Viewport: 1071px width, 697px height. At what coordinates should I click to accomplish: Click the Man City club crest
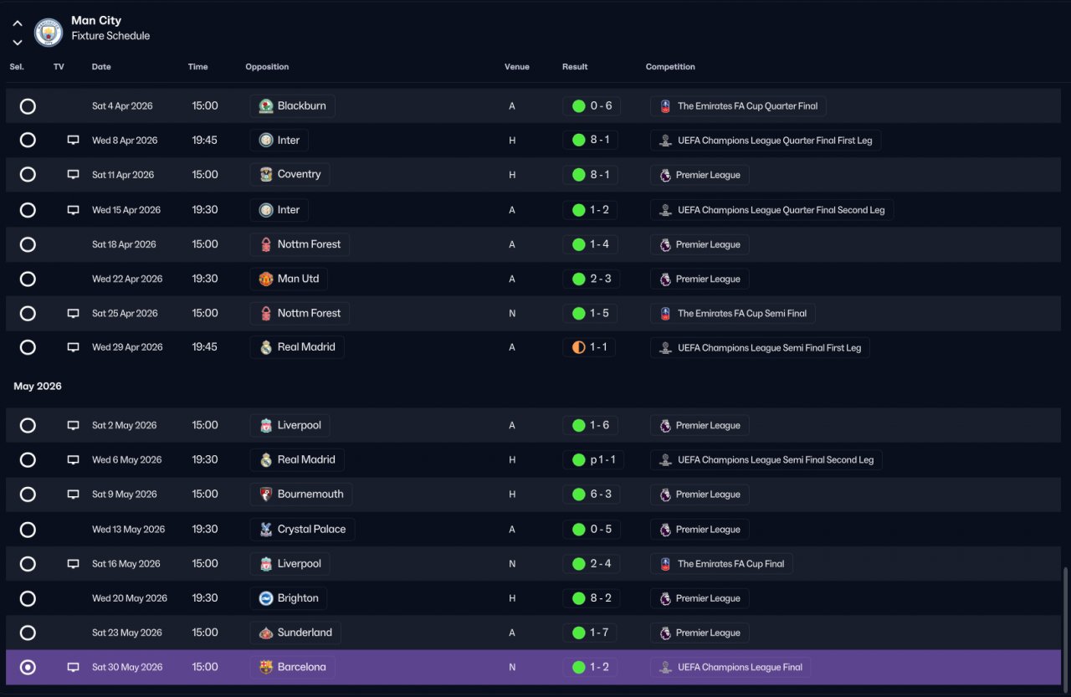tap(49, 32)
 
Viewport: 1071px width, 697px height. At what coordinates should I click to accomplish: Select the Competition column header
tap(670, 67)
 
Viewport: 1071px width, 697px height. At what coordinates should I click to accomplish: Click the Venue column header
tap(516, 67)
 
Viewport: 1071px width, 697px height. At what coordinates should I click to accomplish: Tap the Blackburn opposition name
tap(301, 105)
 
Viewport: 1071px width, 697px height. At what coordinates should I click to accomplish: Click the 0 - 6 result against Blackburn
tap(601, 105)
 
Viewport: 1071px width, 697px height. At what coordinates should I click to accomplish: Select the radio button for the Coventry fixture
tap(28, 175)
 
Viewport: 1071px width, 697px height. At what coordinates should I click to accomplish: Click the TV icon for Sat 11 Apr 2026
tap(73, 175)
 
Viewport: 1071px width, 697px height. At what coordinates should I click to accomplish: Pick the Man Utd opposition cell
tap(289, 279)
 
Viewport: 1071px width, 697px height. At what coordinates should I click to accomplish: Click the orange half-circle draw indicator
tap(578, 347)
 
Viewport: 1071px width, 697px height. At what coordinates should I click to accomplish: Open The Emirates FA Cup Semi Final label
tap(741, 314)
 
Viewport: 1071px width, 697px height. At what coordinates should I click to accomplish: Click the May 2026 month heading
tap(38, 387)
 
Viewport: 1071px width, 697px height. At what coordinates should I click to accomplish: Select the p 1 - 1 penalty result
tap(602, 460)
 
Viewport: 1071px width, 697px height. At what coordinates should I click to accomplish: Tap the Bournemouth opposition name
tap(310, 495)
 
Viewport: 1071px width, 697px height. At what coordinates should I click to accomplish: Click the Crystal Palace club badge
tap(266, 529)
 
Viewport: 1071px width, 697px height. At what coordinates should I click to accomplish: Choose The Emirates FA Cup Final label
tap(730, 564)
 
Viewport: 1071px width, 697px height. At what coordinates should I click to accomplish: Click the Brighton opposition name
tap(297, 598)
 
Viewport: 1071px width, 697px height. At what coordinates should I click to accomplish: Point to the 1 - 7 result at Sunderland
tap(599, 633)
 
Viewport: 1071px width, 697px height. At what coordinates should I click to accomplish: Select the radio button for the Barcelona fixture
tap(28, 667)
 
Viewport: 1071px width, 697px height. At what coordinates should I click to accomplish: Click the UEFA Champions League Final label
tap(740, 668)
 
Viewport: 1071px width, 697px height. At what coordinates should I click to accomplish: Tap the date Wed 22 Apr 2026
tap(127, 279)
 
